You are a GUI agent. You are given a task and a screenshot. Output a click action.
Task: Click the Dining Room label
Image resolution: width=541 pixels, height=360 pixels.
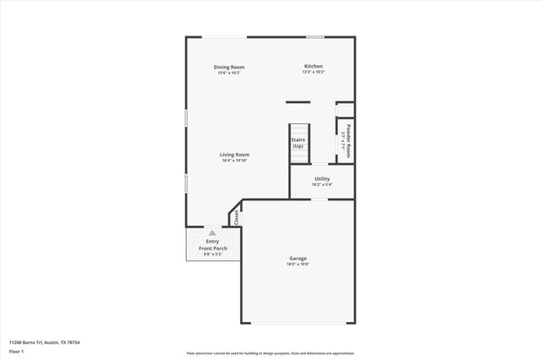228,67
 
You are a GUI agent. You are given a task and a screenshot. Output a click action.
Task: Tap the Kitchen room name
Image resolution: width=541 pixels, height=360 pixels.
314,67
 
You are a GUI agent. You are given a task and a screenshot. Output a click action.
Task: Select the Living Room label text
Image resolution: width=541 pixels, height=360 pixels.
234,155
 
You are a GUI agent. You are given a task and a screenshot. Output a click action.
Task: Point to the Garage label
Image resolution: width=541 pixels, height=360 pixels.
298,259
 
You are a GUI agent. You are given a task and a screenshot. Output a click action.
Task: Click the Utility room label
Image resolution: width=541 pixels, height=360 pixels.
322,179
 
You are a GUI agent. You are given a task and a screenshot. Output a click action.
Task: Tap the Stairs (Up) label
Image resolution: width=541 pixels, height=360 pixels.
298,143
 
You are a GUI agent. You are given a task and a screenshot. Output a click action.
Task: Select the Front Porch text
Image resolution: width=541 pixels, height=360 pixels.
213,248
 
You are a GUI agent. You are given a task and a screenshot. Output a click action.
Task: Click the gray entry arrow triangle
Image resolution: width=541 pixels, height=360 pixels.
212,232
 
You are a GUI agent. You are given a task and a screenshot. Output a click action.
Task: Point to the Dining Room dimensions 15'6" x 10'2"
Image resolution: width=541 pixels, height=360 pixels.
228,73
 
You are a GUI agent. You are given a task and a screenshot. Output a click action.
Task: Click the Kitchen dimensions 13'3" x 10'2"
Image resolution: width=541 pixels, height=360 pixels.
314,73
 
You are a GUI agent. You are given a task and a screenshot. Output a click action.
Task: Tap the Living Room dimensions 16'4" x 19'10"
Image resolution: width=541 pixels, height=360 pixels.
234,161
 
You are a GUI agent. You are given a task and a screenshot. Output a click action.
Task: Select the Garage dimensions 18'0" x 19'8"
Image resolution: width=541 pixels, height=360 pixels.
298,265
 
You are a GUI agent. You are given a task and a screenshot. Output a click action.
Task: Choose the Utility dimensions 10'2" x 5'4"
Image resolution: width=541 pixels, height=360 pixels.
322,185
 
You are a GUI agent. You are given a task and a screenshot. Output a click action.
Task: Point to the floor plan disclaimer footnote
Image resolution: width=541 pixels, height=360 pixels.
270,353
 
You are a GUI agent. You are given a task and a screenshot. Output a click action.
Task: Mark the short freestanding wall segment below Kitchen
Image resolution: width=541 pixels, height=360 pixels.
298,103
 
